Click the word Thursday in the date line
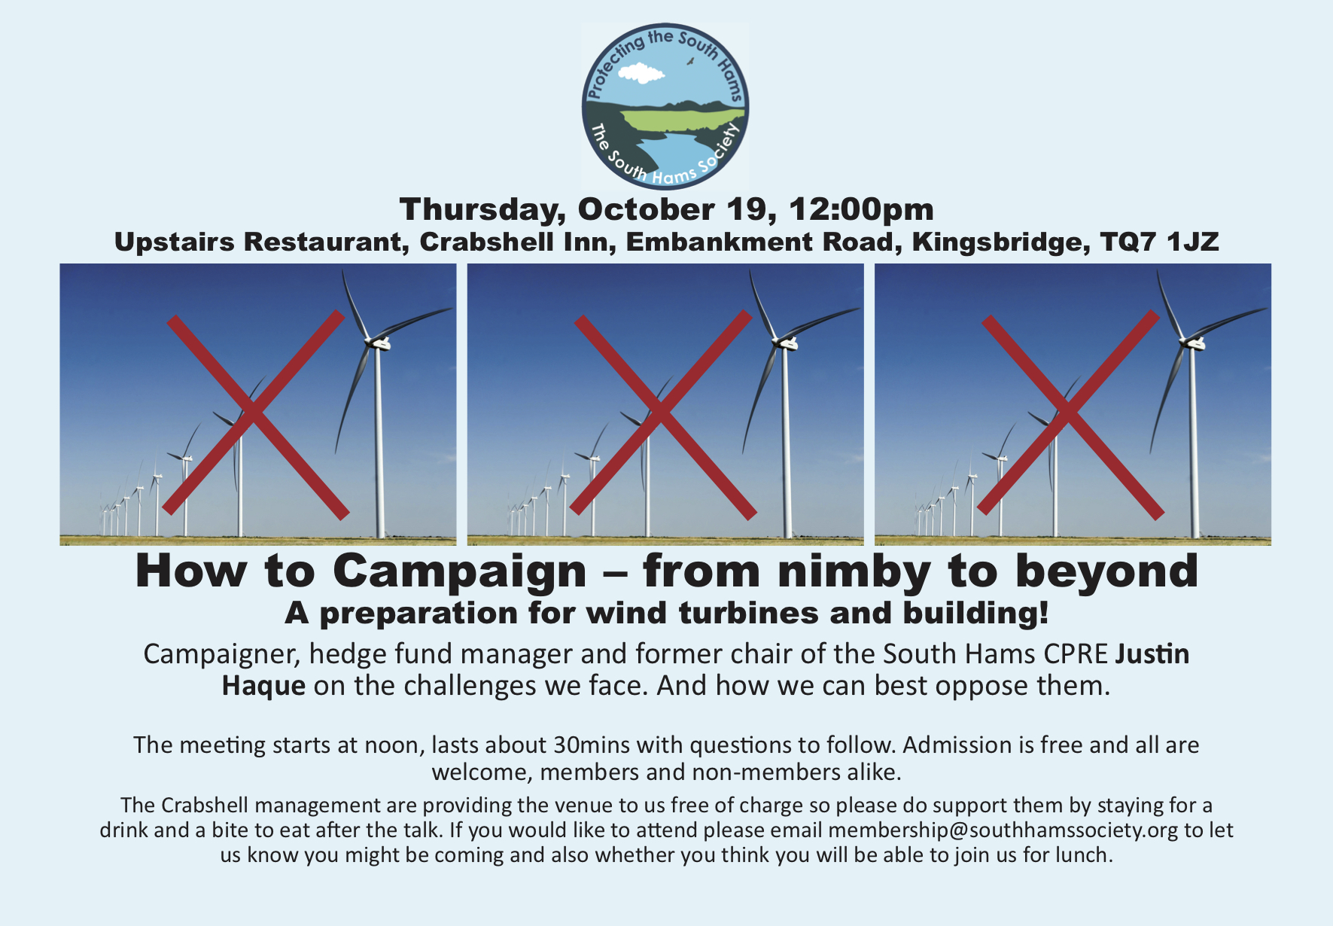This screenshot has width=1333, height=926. point(482,210)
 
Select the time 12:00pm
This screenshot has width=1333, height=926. point(861,210)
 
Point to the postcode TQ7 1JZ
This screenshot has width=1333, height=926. point(1159,242)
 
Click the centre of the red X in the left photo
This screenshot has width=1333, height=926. point(254,413)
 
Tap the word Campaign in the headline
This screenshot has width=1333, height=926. point(459,572)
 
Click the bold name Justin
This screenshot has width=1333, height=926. point(1152,653)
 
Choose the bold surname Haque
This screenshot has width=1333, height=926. point(263,686)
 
